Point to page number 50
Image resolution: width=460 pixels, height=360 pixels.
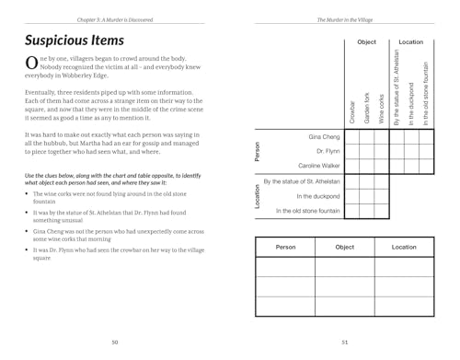tap(115, 343)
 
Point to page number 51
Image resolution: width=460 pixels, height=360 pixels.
tap(343, 343)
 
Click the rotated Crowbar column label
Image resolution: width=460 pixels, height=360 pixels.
tap(353, 110)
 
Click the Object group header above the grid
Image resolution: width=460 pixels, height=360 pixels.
tap(367, 42)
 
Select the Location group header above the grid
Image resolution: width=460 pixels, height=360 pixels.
tap(411, 42)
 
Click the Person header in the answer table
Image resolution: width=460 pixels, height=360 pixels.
tap(285, 247)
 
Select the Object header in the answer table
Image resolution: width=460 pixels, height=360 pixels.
tap(344, 247)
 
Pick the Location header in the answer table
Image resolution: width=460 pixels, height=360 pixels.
tap(404, 247)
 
